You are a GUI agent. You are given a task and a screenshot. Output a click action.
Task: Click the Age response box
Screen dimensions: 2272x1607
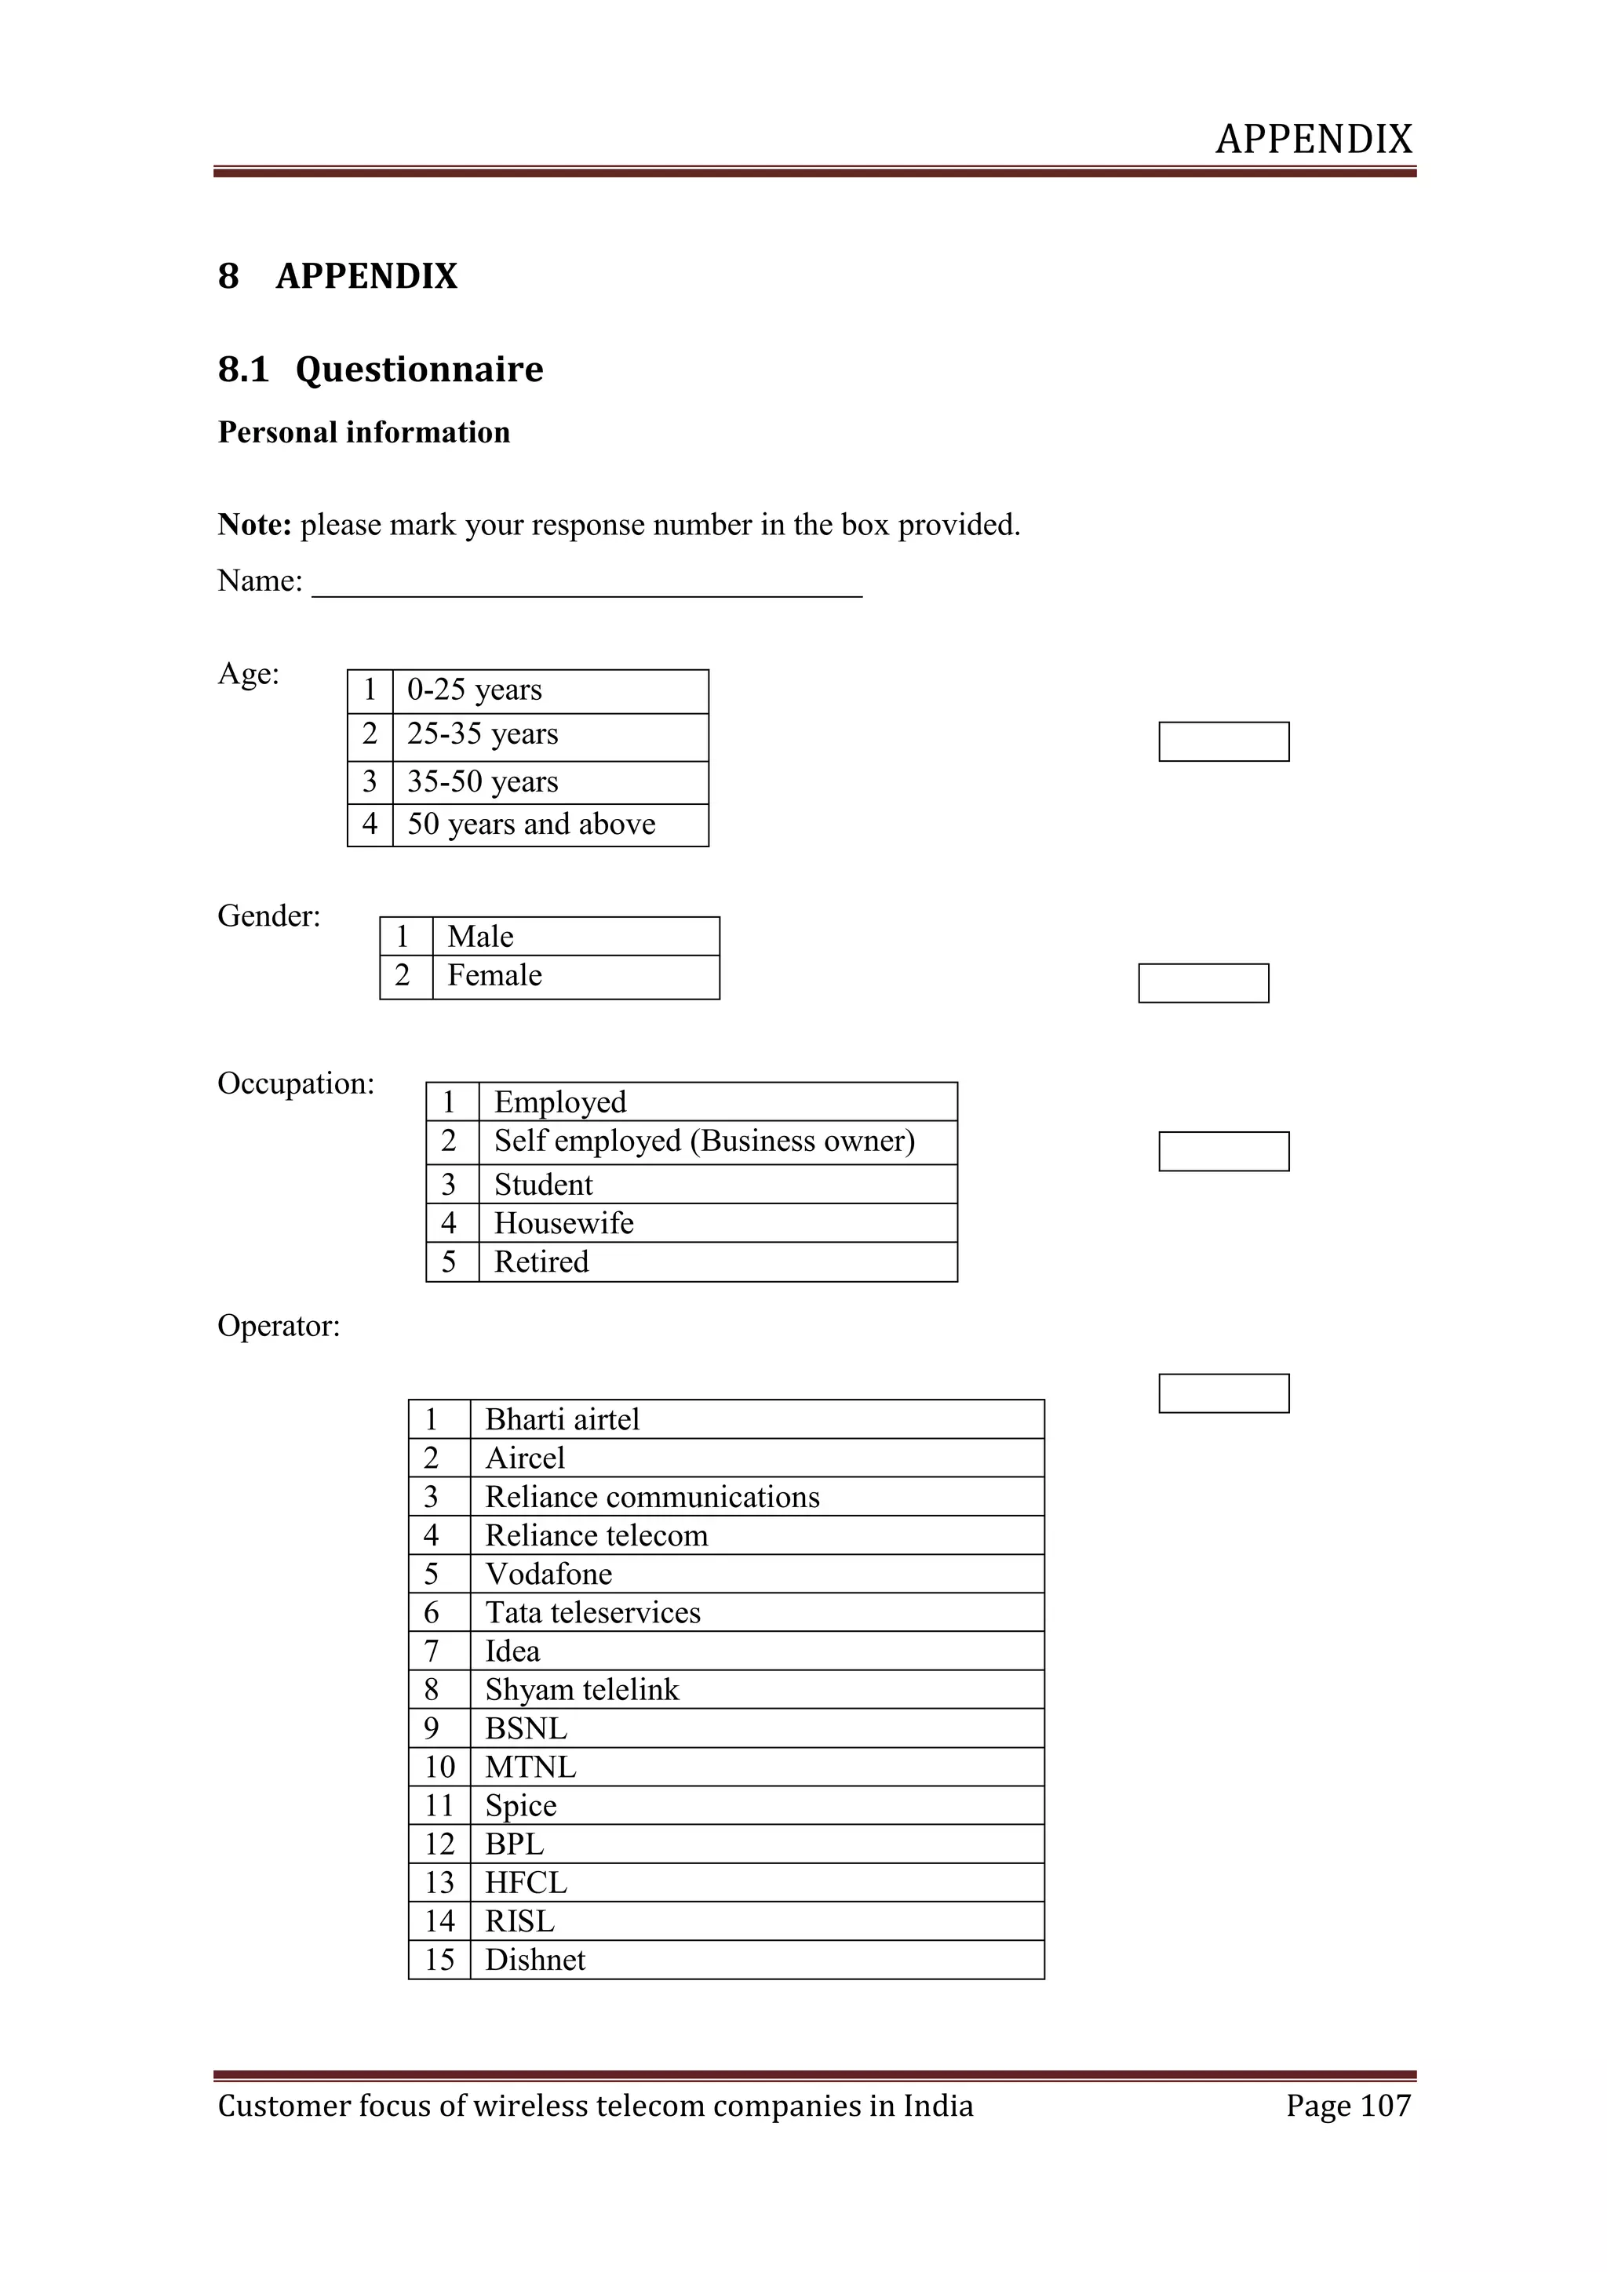1223,741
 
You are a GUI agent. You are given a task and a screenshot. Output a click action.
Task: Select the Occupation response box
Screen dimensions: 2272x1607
1223,1151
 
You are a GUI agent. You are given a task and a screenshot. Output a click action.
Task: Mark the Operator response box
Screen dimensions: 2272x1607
1223,1393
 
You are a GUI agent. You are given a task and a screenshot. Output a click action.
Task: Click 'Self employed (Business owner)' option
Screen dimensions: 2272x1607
704,1141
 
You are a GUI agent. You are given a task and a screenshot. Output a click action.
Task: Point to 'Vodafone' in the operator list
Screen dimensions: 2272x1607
548,1574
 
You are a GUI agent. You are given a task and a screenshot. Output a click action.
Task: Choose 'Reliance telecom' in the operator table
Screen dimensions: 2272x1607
596,1535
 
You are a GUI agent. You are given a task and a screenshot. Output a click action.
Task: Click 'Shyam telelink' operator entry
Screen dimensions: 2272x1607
582,1689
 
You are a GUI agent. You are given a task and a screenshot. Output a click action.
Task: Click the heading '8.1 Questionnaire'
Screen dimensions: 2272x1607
381,369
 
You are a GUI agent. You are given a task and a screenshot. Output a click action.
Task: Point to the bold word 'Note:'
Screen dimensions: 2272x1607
254,525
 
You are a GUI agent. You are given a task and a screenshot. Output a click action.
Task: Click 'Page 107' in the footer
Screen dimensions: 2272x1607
1348,2105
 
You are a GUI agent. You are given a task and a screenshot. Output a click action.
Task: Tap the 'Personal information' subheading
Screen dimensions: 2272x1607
364,432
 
